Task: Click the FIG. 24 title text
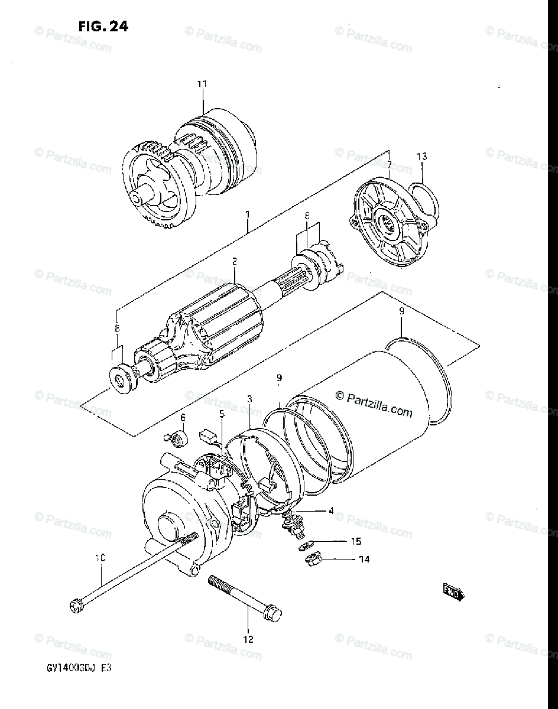coord(102,27)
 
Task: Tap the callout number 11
coord(202,84)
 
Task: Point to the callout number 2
coord(234,261)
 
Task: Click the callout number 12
coord(248,639)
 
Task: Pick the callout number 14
coord(364,559)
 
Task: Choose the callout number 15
coord(356,541)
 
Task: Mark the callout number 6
coord(183,417)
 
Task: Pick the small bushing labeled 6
coord(178,438)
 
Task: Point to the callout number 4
coord(331,510)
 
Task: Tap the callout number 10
coord(100,558)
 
